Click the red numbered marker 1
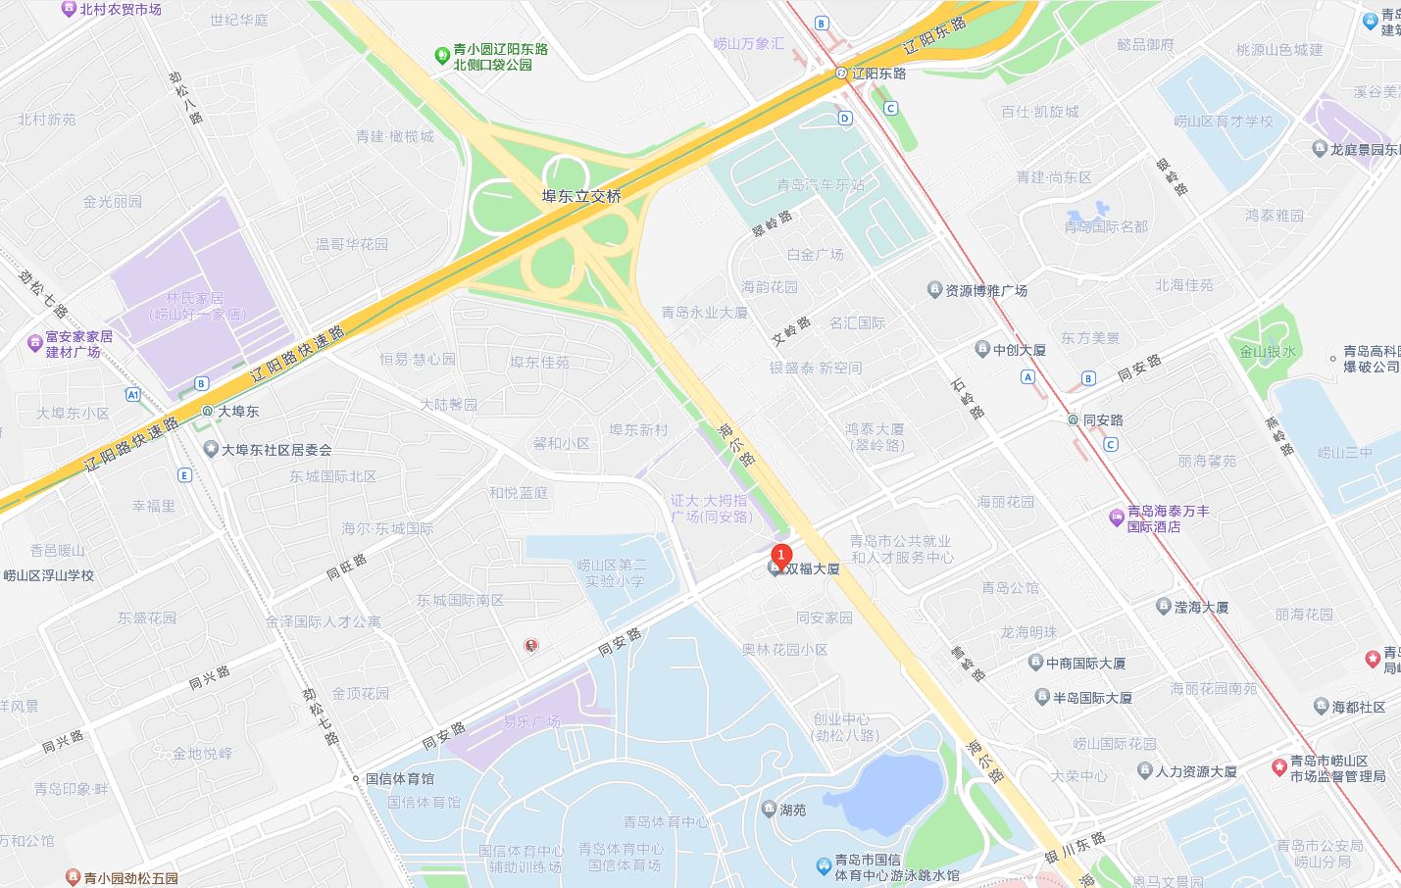(x=780, y=555)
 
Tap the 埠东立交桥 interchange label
(x=581, y=196)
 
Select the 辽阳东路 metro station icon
(x=841, y=74)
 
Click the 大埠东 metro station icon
(x=207, y=412)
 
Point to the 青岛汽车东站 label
(x=820, y=184)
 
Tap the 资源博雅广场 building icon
(x=934, y=290)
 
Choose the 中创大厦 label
(x=1019, y=350)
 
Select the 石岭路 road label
(x=968, y=399)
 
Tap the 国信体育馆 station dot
(x=356, y=779)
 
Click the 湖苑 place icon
(x=769, y=810)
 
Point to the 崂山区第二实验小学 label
(x=612, y=572)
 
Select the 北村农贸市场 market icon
(x=69, y=9)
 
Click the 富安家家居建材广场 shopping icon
(x=33, y=344)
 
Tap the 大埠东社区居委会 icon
(x=210, y=450)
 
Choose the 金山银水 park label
(x=1267, y=352)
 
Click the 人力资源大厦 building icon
(x=1144, y=771)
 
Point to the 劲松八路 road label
(x=185, y=96)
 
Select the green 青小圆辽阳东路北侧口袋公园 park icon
(x=441, y=56)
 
